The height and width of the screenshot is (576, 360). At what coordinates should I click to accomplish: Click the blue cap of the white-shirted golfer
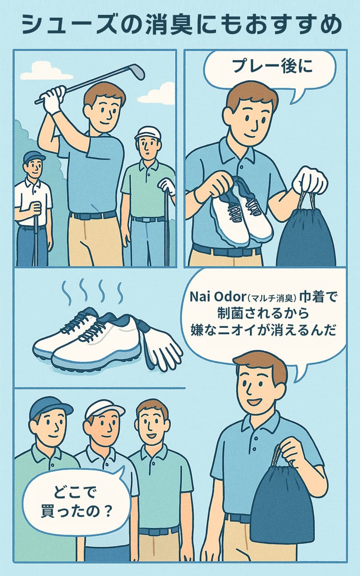coord(34,156)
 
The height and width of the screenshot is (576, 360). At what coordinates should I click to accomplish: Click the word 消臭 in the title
coord(170,25)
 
